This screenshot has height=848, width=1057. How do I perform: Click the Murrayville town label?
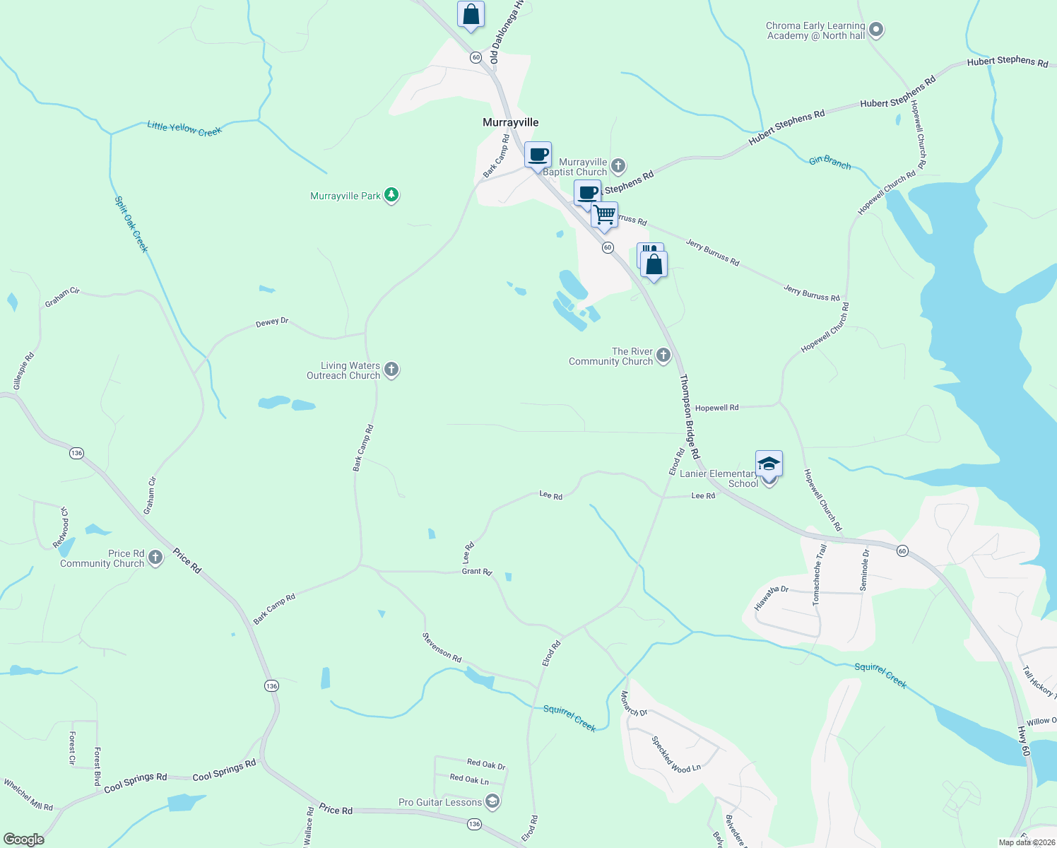(510, 122)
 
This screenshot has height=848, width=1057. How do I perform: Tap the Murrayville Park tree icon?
(391, 195)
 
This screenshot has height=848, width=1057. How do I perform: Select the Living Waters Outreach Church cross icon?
(391, 370)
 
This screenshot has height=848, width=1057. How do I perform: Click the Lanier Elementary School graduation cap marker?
(769, 464)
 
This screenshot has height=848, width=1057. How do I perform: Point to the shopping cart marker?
(605, 214)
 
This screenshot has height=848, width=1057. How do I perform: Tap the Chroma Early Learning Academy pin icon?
(876, 30)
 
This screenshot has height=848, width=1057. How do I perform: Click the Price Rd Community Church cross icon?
(155, 558)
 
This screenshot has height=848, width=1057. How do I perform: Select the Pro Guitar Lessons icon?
(492, 801)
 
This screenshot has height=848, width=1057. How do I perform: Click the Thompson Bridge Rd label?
(690, 416)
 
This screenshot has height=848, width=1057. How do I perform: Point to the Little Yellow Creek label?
(184, 129)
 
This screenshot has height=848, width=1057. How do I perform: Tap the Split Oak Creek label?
(131, 224)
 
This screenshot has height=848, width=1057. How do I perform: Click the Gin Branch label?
(830, 163)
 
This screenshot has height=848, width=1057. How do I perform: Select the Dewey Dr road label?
(272, 322)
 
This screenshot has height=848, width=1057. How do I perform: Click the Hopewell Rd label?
(716, 408)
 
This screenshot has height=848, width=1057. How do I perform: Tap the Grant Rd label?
(477, 571)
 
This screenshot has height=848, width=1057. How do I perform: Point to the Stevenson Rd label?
(442, 648)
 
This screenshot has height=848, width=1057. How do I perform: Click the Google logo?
(23, 840)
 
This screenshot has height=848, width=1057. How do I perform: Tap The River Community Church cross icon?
(663, 355)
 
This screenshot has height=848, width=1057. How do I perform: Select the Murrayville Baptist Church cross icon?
(618, 166)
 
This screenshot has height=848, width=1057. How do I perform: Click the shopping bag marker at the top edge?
(471, 15)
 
